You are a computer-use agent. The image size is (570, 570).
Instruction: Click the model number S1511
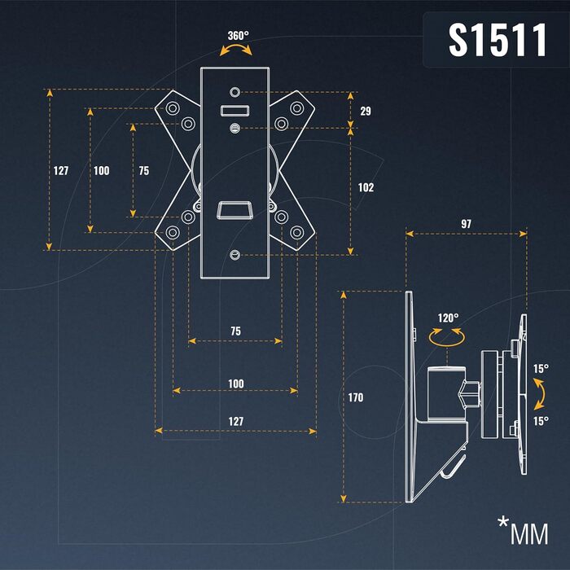[x=497, y=40]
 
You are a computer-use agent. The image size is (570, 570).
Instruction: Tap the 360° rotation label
[x=239, y=36]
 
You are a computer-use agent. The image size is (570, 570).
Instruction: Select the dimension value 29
[x=366, y=111]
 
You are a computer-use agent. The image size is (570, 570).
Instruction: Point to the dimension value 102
[x=366, y=187]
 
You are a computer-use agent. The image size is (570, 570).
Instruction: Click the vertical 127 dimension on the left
[x=61, y=171]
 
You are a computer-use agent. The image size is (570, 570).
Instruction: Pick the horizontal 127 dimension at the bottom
[x=236, y=421]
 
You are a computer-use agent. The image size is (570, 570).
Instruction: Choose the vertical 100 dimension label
[x=102, y=171]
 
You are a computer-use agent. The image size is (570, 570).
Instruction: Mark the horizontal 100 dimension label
[x=236, y=383]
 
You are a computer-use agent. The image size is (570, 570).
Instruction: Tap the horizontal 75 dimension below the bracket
[x=235, y=331]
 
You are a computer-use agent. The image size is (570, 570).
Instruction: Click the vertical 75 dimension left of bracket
[x=144, y=171]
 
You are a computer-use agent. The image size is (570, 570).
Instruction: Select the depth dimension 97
[x=466, y=223]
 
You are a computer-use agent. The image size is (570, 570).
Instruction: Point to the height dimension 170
[x=355, y=398]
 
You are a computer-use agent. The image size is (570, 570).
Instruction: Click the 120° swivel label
[x=448, y=318]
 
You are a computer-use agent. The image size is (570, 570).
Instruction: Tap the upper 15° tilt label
[x=541, y=368]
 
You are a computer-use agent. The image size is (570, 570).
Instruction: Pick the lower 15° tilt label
[x=541, y=421]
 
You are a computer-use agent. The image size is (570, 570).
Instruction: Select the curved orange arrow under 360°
[x=237, y=50]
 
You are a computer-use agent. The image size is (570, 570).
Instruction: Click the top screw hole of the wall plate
[x=235, y=92]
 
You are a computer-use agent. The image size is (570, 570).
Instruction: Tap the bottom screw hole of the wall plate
[x=235, y=255]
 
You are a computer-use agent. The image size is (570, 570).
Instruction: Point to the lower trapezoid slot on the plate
[x=235, y=210]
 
